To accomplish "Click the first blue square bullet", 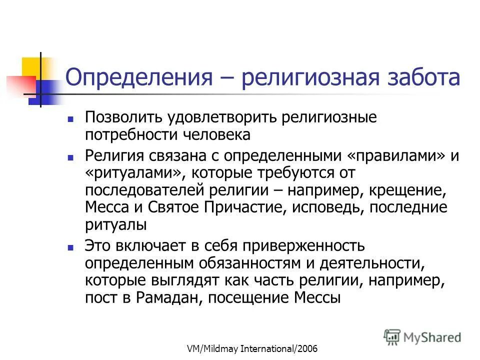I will pyautogui.click(x=71, y=120).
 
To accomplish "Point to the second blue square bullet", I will pyautogui.click(x=71, y=157).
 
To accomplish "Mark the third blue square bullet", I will pyautogui.click(x=71, y=247).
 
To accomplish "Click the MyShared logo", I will pyautogui.click(x=423, y=336).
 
